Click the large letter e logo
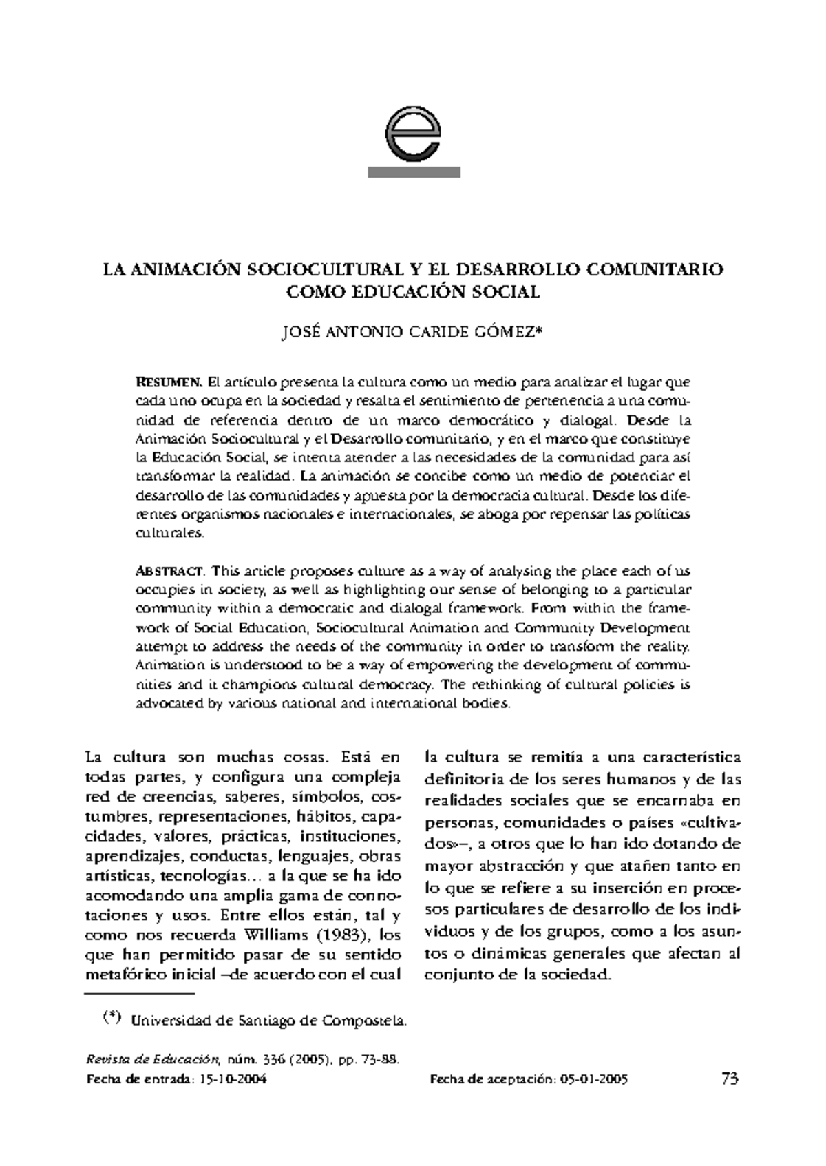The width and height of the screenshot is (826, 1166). [x=414, y=134]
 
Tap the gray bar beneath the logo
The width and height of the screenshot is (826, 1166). [x=414, y=173]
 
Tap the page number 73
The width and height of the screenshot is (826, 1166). [x=730, y=1079]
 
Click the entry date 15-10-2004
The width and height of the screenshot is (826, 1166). [x=231, y=1080]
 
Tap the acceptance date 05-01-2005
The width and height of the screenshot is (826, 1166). [x=593, y=1080]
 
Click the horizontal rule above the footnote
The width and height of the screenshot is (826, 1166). [x=140, y=994]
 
